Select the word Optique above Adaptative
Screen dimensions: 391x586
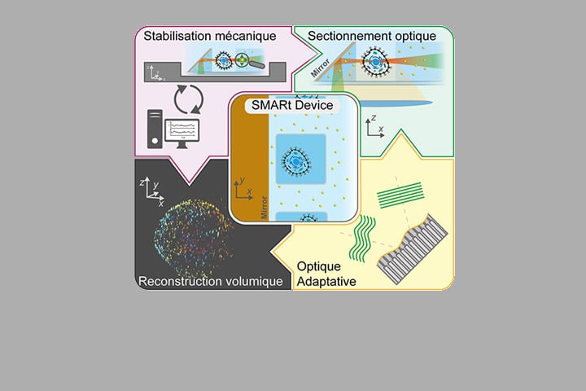tap(318, 266)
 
